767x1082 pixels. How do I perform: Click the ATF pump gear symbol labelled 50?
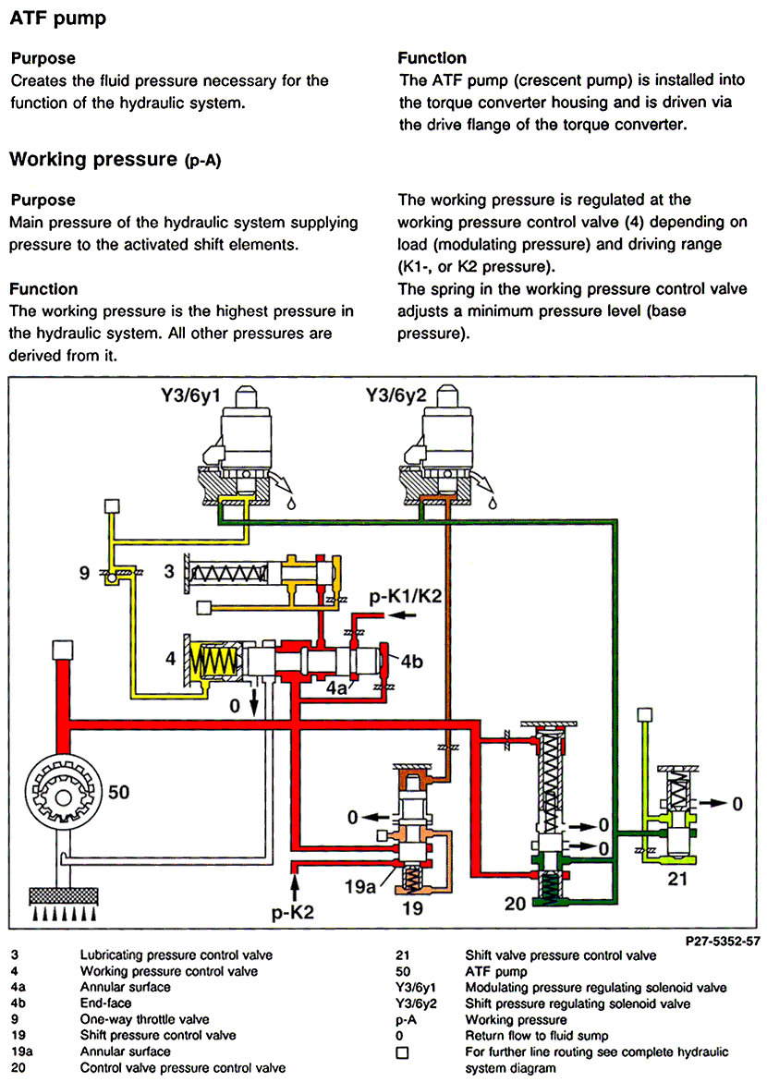pos(64,797)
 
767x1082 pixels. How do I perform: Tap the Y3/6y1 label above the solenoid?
pos(189,395)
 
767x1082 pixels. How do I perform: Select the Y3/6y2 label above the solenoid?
pos(396,395)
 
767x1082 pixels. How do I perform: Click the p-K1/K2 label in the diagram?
pos(405,596)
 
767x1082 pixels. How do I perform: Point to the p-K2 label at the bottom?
pos(292,912)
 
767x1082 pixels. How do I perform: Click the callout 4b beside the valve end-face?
pos(411,661)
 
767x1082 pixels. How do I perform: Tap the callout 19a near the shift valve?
pos(359,886)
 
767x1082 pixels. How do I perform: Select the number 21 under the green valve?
pos(677,879)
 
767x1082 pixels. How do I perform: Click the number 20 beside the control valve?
pos(515,904)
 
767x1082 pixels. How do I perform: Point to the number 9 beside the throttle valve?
pos(84,573)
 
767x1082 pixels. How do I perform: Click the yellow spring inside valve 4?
pos(214,662)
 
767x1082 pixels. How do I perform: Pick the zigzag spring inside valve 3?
pos(228,573)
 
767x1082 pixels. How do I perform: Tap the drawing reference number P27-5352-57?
pos(723,941)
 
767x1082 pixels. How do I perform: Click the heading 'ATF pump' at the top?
pos(58,18)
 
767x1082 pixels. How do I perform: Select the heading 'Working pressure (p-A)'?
pos(115,160)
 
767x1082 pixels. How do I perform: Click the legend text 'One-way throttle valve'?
pos(144,1019)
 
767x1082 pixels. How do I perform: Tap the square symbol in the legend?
pos(403,1052)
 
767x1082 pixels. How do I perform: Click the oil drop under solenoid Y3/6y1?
pos(291,503)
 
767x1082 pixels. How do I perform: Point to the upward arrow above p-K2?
pos(295,887)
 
